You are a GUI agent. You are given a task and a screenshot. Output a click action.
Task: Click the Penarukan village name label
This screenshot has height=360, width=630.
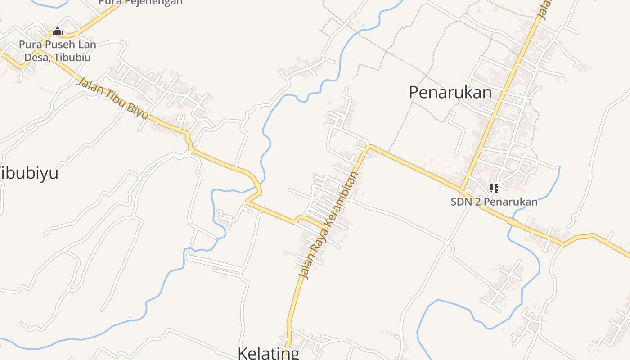click(x=450, y=92)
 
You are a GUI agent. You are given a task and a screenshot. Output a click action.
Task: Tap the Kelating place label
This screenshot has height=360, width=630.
click(x=269, y=353)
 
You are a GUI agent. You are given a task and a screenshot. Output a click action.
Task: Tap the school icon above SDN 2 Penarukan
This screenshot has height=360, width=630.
click(x=494, y=189)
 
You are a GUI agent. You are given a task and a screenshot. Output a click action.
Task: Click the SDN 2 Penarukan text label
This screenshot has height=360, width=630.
click(x=494, y=202)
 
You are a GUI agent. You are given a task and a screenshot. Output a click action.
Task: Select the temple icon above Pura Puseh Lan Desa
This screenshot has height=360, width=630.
click(x=58, y=31)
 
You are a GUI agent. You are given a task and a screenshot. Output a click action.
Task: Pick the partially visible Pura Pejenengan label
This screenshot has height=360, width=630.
click(x=140, y=2)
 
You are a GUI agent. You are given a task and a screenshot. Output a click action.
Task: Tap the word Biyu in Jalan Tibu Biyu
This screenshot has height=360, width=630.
click(x=137, y=111)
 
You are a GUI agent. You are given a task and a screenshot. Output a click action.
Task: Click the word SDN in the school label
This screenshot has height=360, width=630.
click(x=461, y=202)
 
